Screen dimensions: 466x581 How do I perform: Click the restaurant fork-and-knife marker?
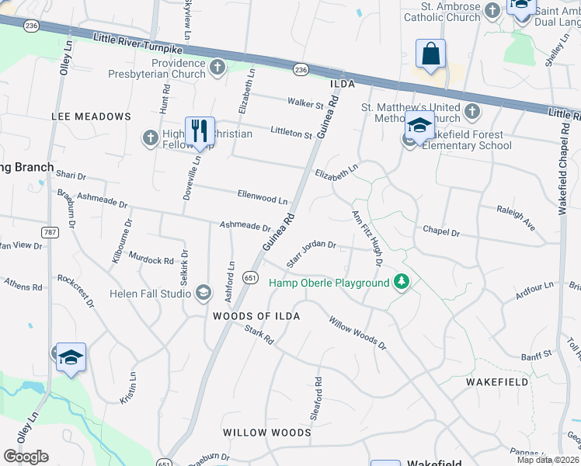200,130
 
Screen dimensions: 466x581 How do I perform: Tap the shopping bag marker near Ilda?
430,54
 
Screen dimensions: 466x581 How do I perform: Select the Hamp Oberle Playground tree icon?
401,282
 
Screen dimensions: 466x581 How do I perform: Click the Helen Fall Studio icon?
203,292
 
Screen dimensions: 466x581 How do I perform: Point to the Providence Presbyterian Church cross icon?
217,68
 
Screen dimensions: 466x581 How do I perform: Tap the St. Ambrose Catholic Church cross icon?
492,10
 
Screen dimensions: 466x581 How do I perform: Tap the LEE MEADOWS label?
91,116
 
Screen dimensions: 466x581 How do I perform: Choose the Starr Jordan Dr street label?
311,254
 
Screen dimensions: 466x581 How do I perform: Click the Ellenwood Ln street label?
263,196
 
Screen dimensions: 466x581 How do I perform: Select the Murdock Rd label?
151,259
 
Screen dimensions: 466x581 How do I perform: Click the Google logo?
26,457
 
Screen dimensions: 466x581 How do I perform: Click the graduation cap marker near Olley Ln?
71,357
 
